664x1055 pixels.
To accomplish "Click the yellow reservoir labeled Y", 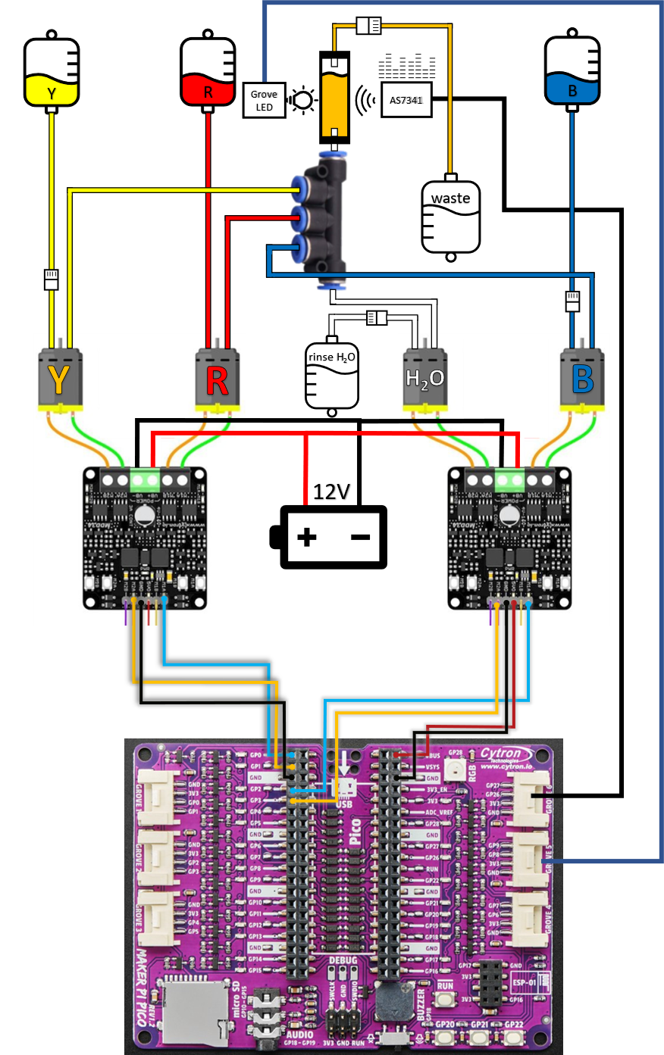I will [x=52, y=90].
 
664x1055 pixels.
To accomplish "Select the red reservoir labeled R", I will [x=208, y=90].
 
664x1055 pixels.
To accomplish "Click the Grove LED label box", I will [x=264, y=100].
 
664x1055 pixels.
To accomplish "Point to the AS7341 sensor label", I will [x=406, y=100].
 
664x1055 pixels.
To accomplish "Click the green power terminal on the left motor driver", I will [x=145, y=480].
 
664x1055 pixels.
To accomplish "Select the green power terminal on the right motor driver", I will [x=509, y=480].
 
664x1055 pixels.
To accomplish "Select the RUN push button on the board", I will [x=446, y=1000].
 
